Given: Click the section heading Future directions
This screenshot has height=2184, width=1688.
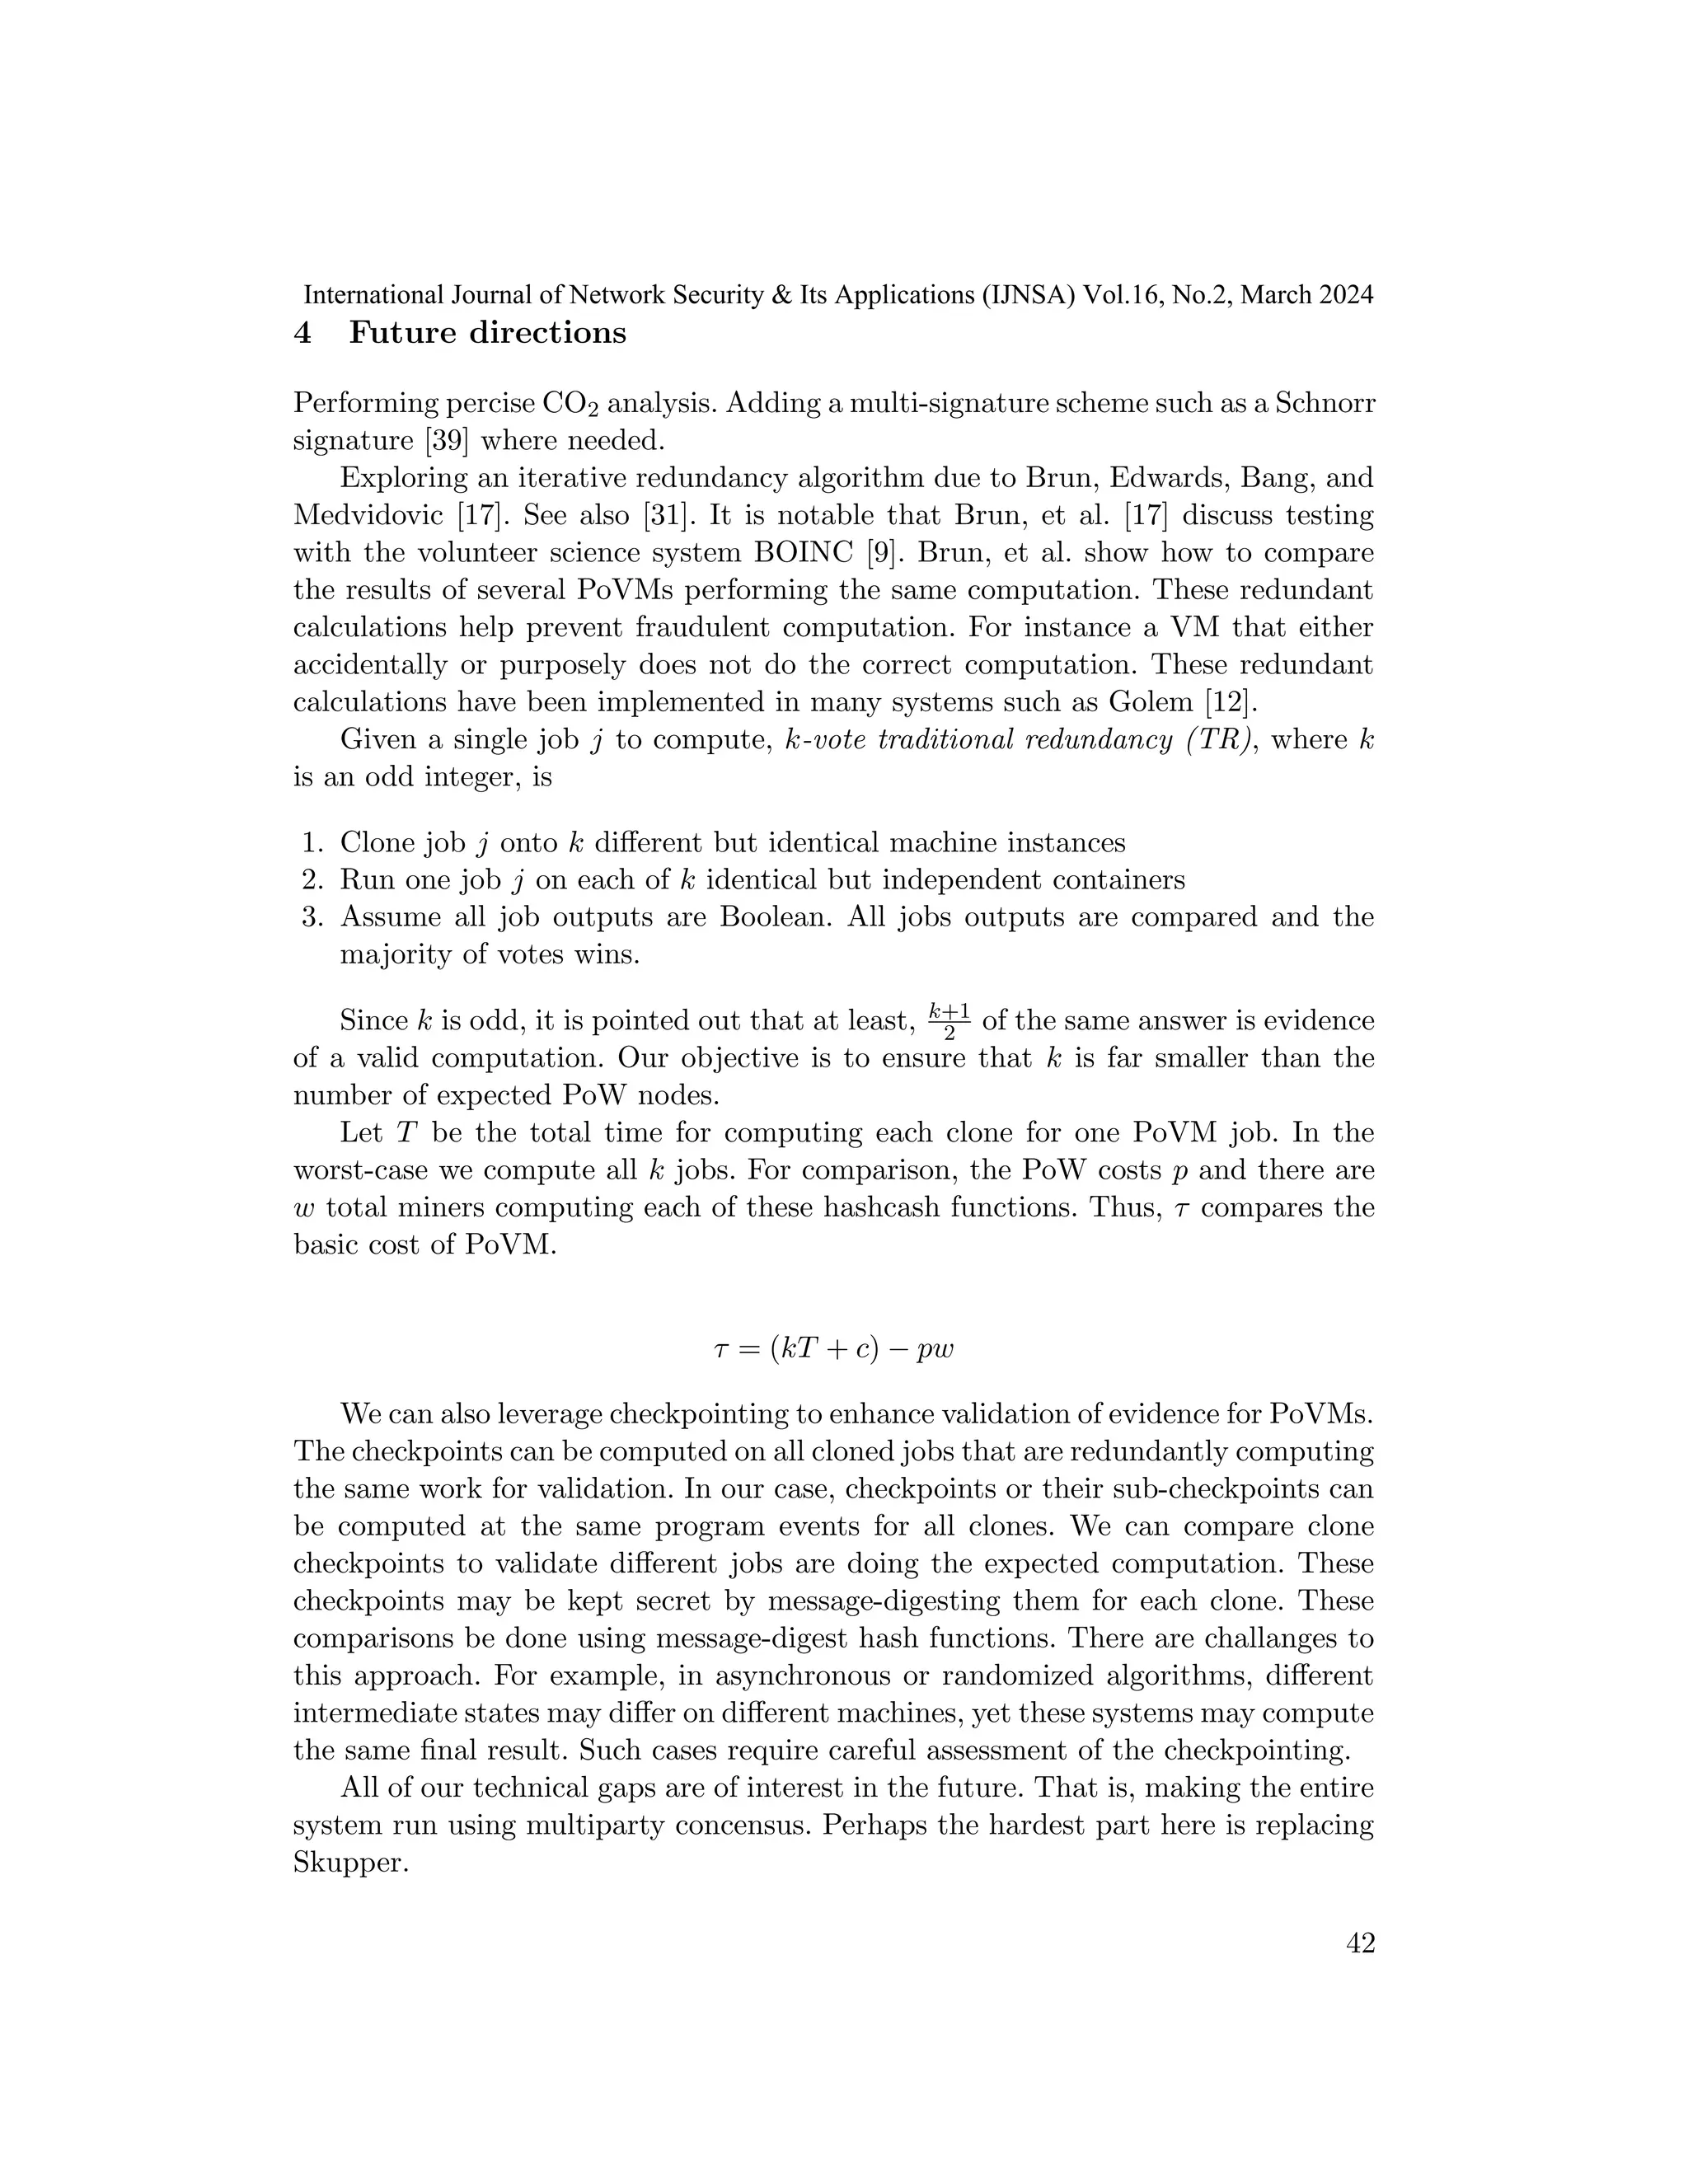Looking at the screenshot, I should point(487,333).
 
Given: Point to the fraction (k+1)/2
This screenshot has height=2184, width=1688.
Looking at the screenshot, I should point(948,1021).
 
